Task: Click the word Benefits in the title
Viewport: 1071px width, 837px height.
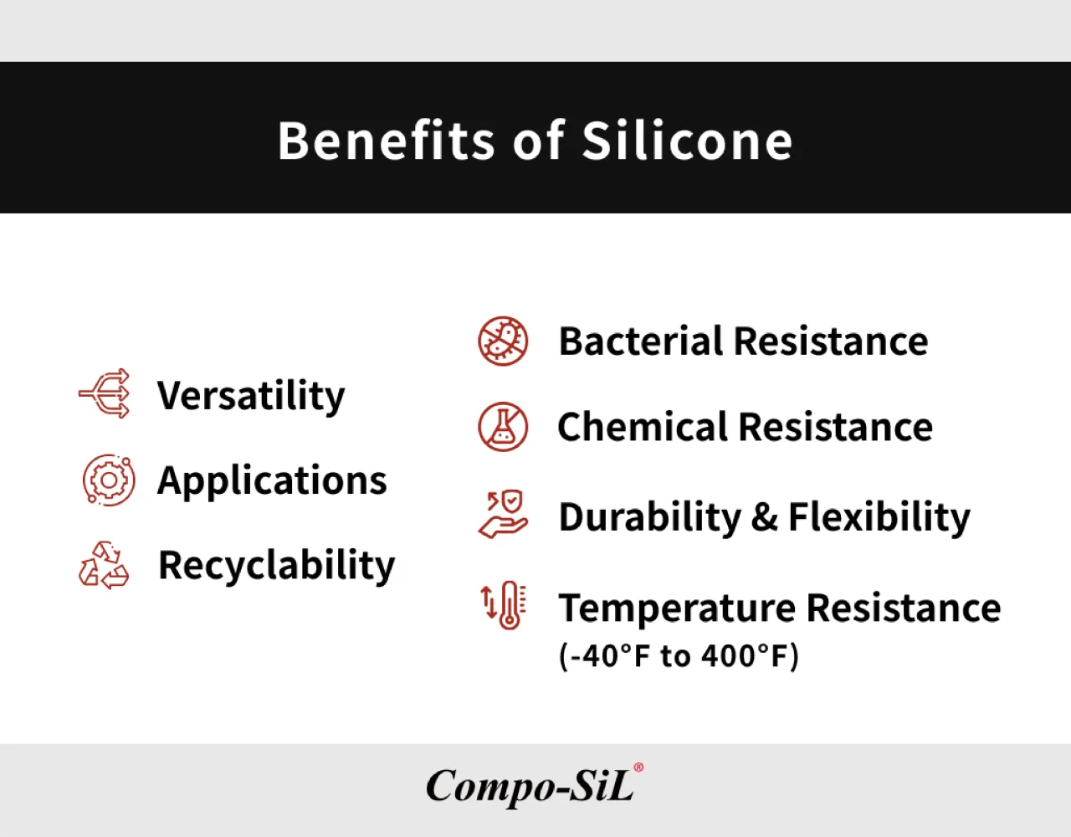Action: (x=386, y=141)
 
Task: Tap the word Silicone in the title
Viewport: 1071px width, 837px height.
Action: (x=688, y=141)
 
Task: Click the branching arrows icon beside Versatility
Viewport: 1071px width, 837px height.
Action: (x=105, y=393)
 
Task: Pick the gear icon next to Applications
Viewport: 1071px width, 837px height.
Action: (x=109, y=480)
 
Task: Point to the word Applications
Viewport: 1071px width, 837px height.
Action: (x=272, y=481)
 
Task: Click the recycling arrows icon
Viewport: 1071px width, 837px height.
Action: (x=104, y=565)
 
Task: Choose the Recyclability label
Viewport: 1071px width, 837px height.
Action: (x=276, y=567)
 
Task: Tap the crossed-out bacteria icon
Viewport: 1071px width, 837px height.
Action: (x=503, y=341)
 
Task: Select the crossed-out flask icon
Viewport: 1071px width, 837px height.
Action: (x=503, y=427)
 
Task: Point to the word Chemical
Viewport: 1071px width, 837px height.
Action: (x=643, y=427)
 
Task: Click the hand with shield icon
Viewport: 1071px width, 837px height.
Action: (x=503, y=514)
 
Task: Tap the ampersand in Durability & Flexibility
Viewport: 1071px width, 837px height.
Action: (x=765, y=517)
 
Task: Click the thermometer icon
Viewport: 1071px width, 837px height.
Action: (x=505, y=605)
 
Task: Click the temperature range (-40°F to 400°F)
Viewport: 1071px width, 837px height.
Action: (x=679, y=656)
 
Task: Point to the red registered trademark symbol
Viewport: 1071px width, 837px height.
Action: (x=638, y=768)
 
